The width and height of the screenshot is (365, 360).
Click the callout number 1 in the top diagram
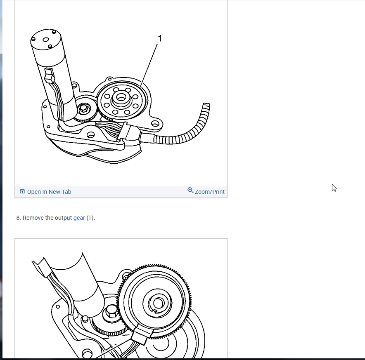tap(160, 38)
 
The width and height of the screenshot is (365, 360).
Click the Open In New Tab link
tap(49, 192)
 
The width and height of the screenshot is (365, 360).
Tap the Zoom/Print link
tap(209, 192)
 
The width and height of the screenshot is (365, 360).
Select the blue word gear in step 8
tap(79, 218)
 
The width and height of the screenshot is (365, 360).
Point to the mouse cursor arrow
tap(334, 188)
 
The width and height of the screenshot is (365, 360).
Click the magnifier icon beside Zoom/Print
tap(190, 191)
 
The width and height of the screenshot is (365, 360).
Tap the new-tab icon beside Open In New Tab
tap(22, 191)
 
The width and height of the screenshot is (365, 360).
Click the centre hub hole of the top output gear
tap(121, 98)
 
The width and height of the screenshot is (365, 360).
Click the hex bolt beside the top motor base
tap(83, 109)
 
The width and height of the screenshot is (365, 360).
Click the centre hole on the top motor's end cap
tap(46, 40)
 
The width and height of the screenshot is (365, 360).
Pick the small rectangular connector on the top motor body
tap(49, 75)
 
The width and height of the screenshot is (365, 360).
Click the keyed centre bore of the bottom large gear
tap(158, 303)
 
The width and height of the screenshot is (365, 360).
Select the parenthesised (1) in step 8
tap(90, 218)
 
